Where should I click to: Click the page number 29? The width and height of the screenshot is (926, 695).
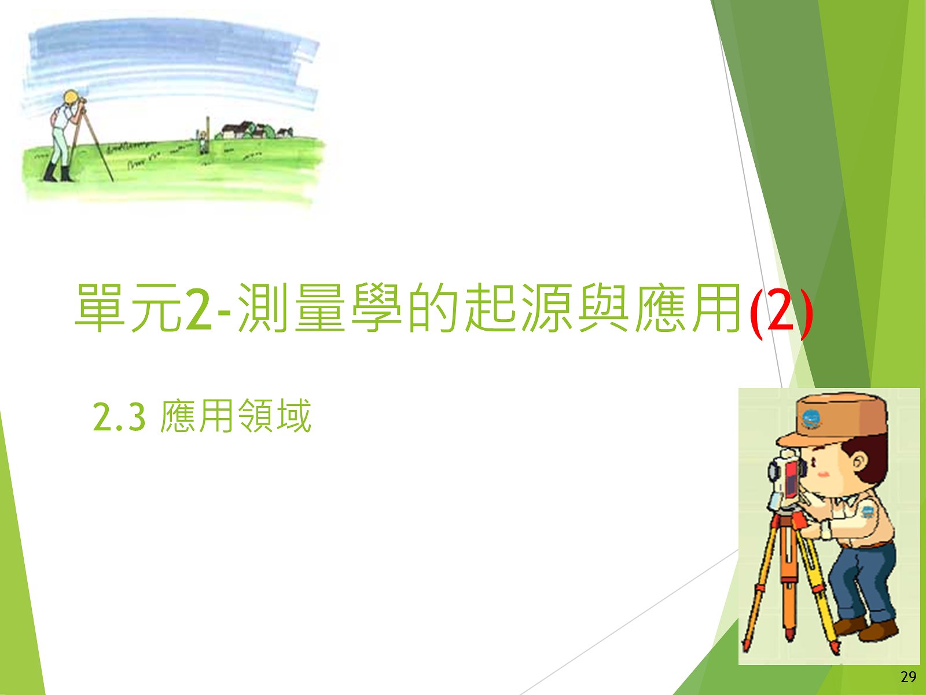click(x=908, y=677)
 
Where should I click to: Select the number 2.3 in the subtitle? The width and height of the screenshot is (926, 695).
click(x=119, y=418)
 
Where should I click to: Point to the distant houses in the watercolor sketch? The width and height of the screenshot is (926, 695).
click(x=253, y=130)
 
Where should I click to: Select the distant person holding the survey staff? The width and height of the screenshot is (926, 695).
click(x=203, y=141)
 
